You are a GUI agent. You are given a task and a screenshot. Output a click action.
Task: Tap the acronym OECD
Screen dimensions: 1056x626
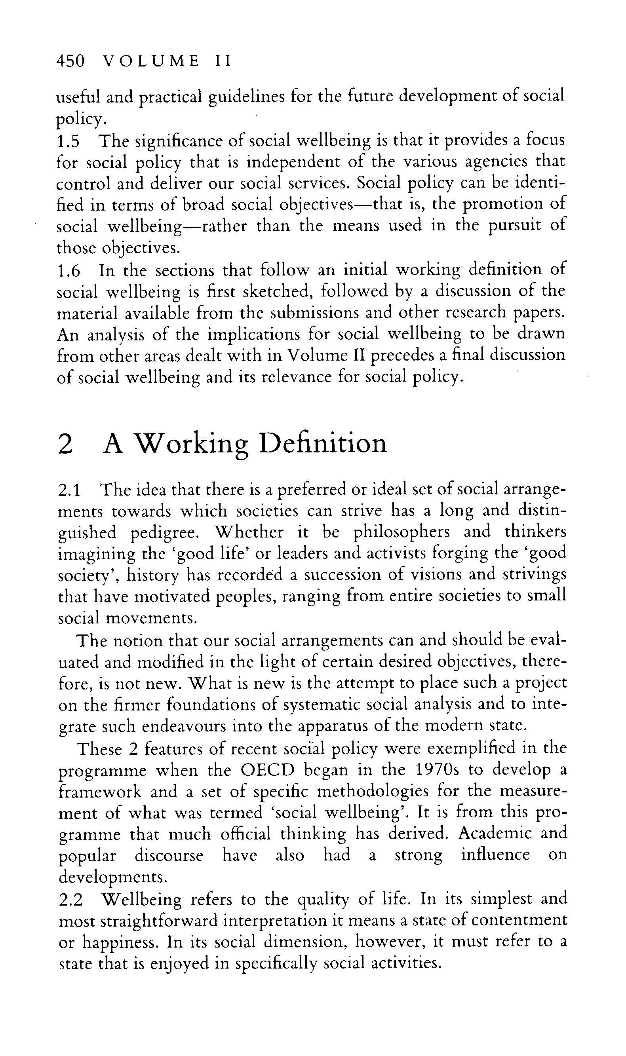click(x=266, y=771)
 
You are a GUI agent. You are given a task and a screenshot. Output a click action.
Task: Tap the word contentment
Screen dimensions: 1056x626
click(x=519, y=921)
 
